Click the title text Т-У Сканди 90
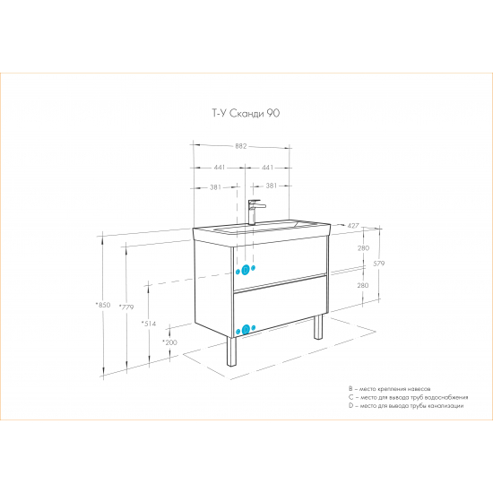[x=246, y=113]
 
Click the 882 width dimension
[x=241, y=146]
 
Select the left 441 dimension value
[x=220, y=168]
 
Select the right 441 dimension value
[x=268, y=168]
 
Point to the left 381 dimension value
[x=215, y=187]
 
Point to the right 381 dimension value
[x=271, y=186]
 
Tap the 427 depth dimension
[x=353, y=226]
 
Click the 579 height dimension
[x=379, y=264]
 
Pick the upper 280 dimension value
[x=363, y=248]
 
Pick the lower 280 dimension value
[x=363, y=285]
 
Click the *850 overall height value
[x=103, y=305]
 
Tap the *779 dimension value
[x=126, y=307]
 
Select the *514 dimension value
[x=149, y=324]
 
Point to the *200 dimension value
[x=169, y=342]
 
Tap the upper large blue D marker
[x=246, y=270]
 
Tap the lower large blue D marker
[x=246, y=330]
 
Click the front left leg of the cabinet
[x=232, y=352]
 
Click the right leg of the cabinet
[x=318, y=327]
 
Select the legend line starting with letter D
[x=406, y=406]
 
